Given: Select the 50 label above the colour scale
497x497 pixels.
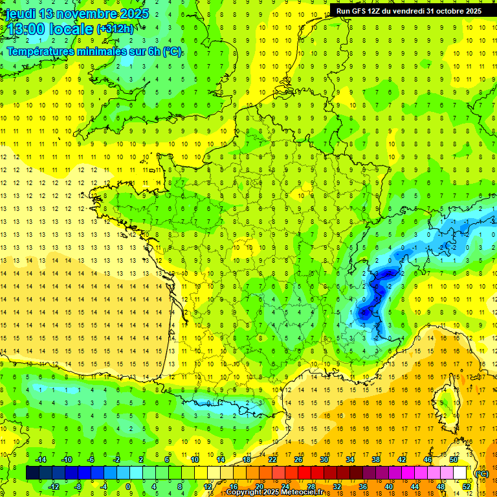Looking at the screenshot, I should tap(454, 459).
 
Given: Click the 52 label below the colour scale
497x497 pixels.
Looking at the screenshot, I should tap(466, 486).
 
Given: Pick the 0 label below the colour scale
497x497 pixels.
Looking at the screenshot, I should tap(128, 486).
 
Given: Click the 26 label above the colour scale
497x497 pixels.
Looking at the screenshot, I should tap(298, 459).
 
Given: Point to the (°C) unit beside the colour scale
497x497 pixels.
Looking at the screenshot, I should tap(481, 473).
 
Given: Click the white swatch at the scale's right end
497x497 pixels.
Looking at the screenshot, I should tap(460, 473).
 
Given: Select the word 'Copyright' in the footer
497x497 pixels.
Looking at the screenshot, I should tap(245, 492).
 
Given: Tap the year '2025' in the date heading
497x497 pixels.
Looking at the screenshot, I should tap(132, 14).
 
